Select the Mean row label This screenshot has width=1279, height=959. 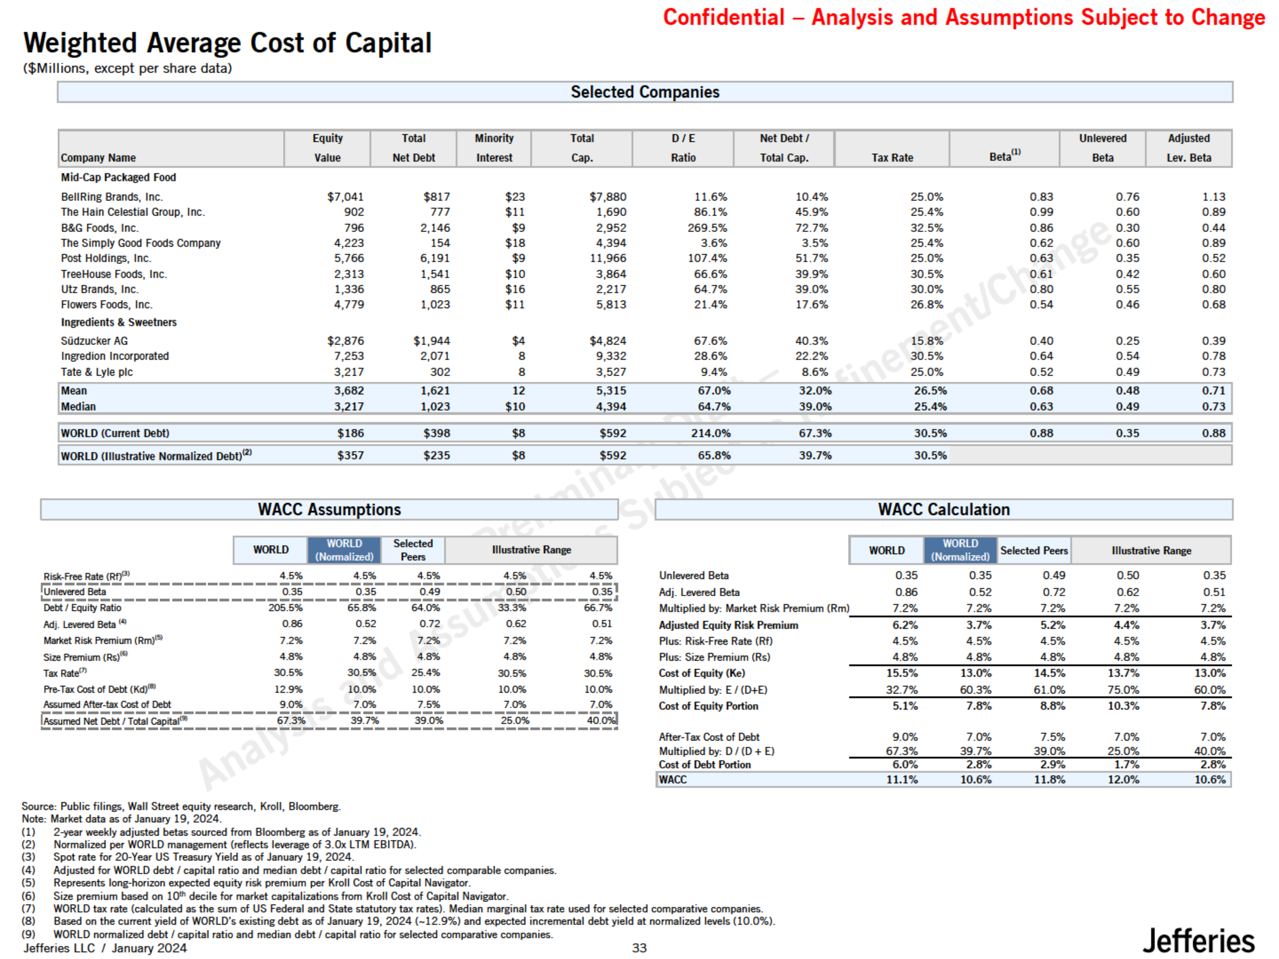pyautogui.click(x=74, y=391)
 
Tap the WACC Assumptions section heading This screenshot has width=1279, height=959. pyautogui.click(x=329, y=509)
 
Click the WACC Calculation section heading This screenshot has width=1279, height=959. pyautogui.click(x=944, y=509)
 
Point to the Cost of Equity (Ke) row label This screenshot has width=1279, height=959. pyautogui.click(x=702, y=673)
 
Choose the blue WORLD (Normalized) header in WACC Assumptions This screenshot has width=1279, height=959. pyautogui.click(x=344, y=550)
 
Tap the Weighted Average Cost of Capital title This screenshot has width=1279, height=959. pyautogui.click(x=227, y=43)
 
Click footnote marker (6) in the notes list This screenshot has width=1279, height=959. pyautogui.click(x=28, y=896)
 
